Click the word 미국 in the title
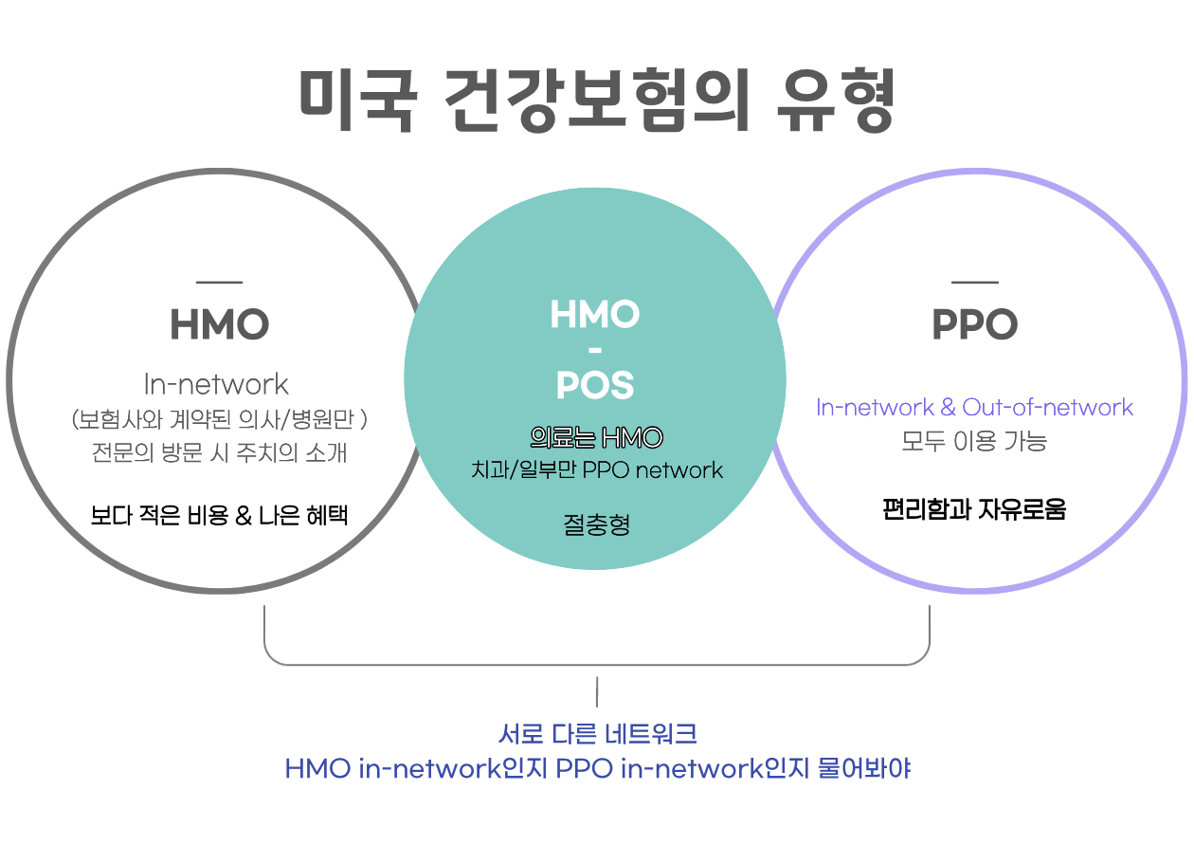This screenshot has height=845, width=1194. (356, 101)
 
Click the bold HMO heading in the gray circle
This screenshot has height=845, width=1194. (219, 325)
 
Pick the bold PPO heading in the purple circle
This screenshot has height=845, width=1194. (974, 325)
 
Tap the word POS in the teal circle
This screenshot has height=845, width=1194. (595, 385)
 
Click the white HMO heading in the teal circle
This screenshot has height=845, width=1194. (595, 314)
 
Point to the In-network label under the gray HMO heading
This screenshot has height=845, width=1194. (216, 384)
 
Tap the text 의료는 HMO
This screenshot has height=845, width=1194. (596, 438)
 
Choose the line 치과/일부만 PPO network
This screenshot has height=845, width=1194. (597, 469)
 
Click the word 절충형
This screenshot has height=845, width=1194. (596, 524)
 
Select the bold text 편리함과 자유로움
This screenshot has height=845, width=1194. (974, 509)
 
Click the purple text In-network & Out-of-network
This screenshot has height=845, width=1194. (974, 408)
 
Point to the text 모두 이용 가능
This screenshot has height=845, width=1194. (974, 441)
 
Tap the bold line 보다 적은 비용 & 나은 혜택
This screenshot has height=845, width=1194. (219, 516)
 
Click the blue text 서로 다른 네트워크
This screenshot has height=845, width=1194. (597, 734)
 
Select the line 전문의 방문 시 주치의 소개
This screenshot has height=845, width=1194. (219, 452)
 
